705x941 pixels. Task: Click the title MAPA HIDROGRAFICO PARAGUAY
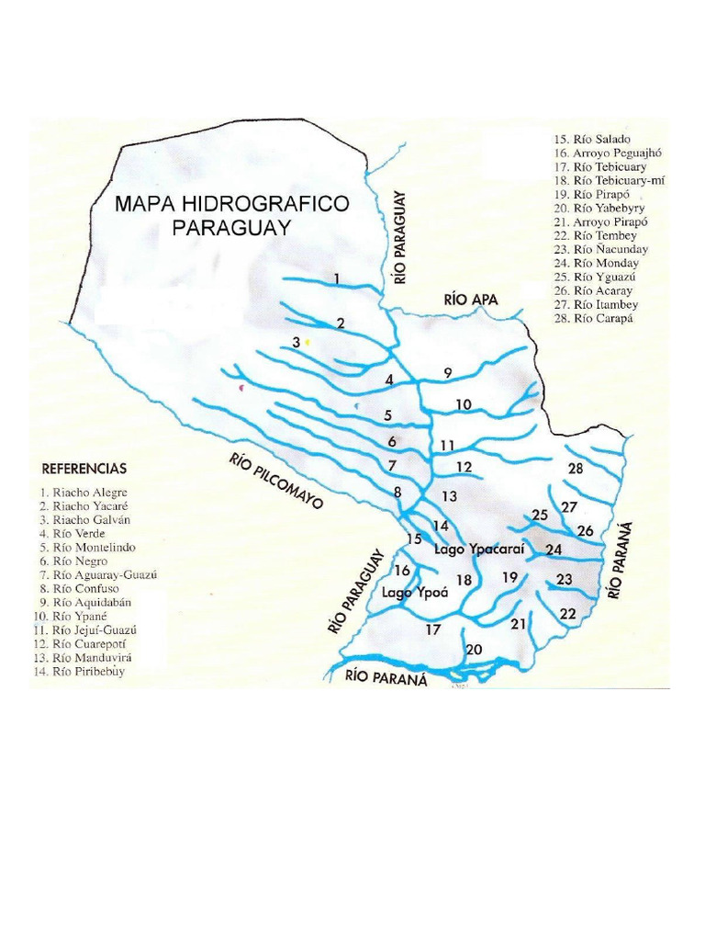click(x=231, y=216)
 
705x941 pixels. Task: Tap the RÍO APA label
click(x=470, y=300)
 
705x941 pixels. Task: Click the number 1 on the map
click(x=337, y=278)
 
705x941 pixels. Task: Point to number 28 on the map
click(x=576, y=469)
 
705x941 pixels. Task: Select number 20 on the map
click(x=474, y=650)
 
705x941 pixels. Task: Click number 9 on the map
click(x=448, y=372)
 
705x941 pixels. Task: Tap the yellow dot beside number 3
click(x=308, y=342)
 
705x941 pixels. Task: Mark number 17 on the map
click(x=432, y=630)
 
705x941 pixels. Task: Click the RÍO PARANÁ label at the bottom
click(x=386, y=679)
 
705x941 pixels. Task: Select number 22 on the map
click(x=568, y=613)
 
